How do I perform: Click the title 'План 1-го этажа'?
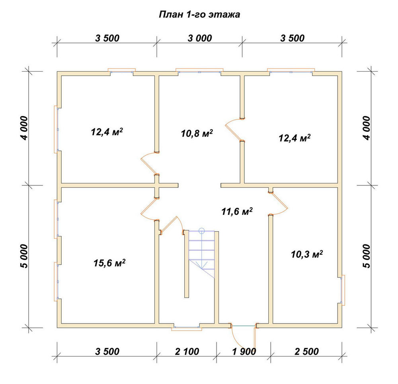point(199,14)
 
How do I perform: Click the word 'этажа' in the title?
point(224,15)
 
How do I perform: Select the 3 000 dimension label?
point(200,38)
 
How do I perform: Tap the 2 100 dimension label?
point(187,351)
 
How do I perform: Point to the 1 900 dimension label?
point(244,351)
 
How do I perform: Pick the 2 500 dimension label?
point(306,351)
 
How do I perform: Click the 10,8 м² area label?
point(197,133)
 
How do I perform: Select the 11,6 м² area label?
point(237,211)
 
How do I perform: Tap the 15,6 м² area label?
point(109,263)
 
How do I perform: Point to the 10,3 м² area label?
point(306,254)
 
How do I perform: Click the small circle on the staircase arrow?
point(201,231)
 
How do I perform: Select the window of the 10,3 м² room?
point(342,290)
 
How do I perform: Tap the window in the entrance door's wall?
point(187,327)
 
